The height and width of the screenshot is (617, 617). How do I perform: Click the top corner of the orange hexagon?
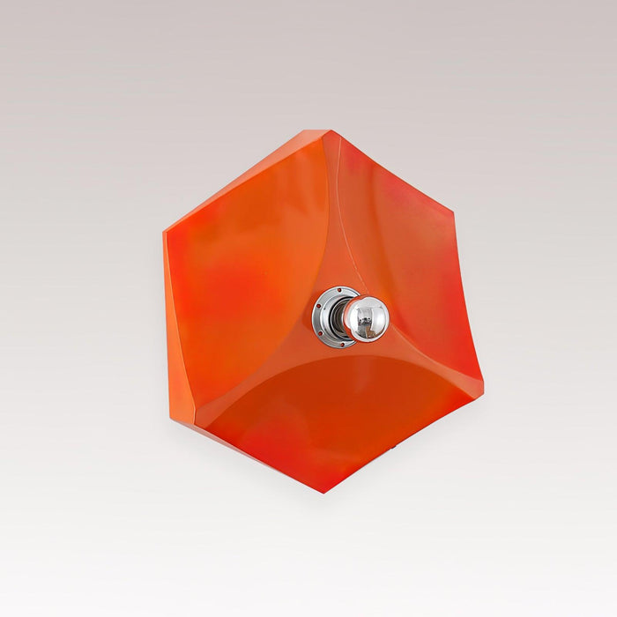(x=328, y=131)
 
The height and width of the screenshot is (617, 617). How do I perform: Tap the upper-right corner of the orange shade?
(x=453, y=212)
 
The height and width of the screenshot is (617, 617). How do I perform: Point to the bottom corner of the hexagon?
(x=323, y=491)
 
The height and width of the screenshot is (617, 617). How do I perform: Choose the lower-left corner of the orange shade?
(x=174, y=421)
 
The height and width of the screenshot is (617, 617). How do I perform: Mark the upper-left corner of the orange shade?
(x=165, y=233)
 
